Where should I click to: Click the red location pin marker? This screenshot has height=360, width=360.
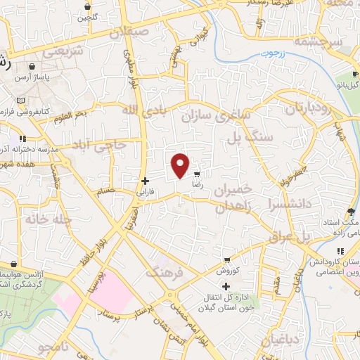[181, 166]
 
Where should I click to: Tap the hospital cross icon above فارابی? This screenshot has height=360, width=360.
[145, 181]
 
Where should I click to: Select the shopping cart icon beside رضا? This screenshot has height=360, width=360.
[197, 174]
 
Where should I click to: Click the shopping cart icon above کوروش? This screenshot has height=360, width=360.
[226, 259]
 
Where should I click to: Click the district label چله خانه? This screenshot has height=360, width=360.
[49, 219]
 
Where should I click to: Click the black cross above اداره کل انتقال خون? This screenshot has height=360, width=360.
[226, 286]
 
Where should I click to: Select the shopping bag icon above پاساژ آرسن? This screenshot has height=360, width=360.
[25, 69]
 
